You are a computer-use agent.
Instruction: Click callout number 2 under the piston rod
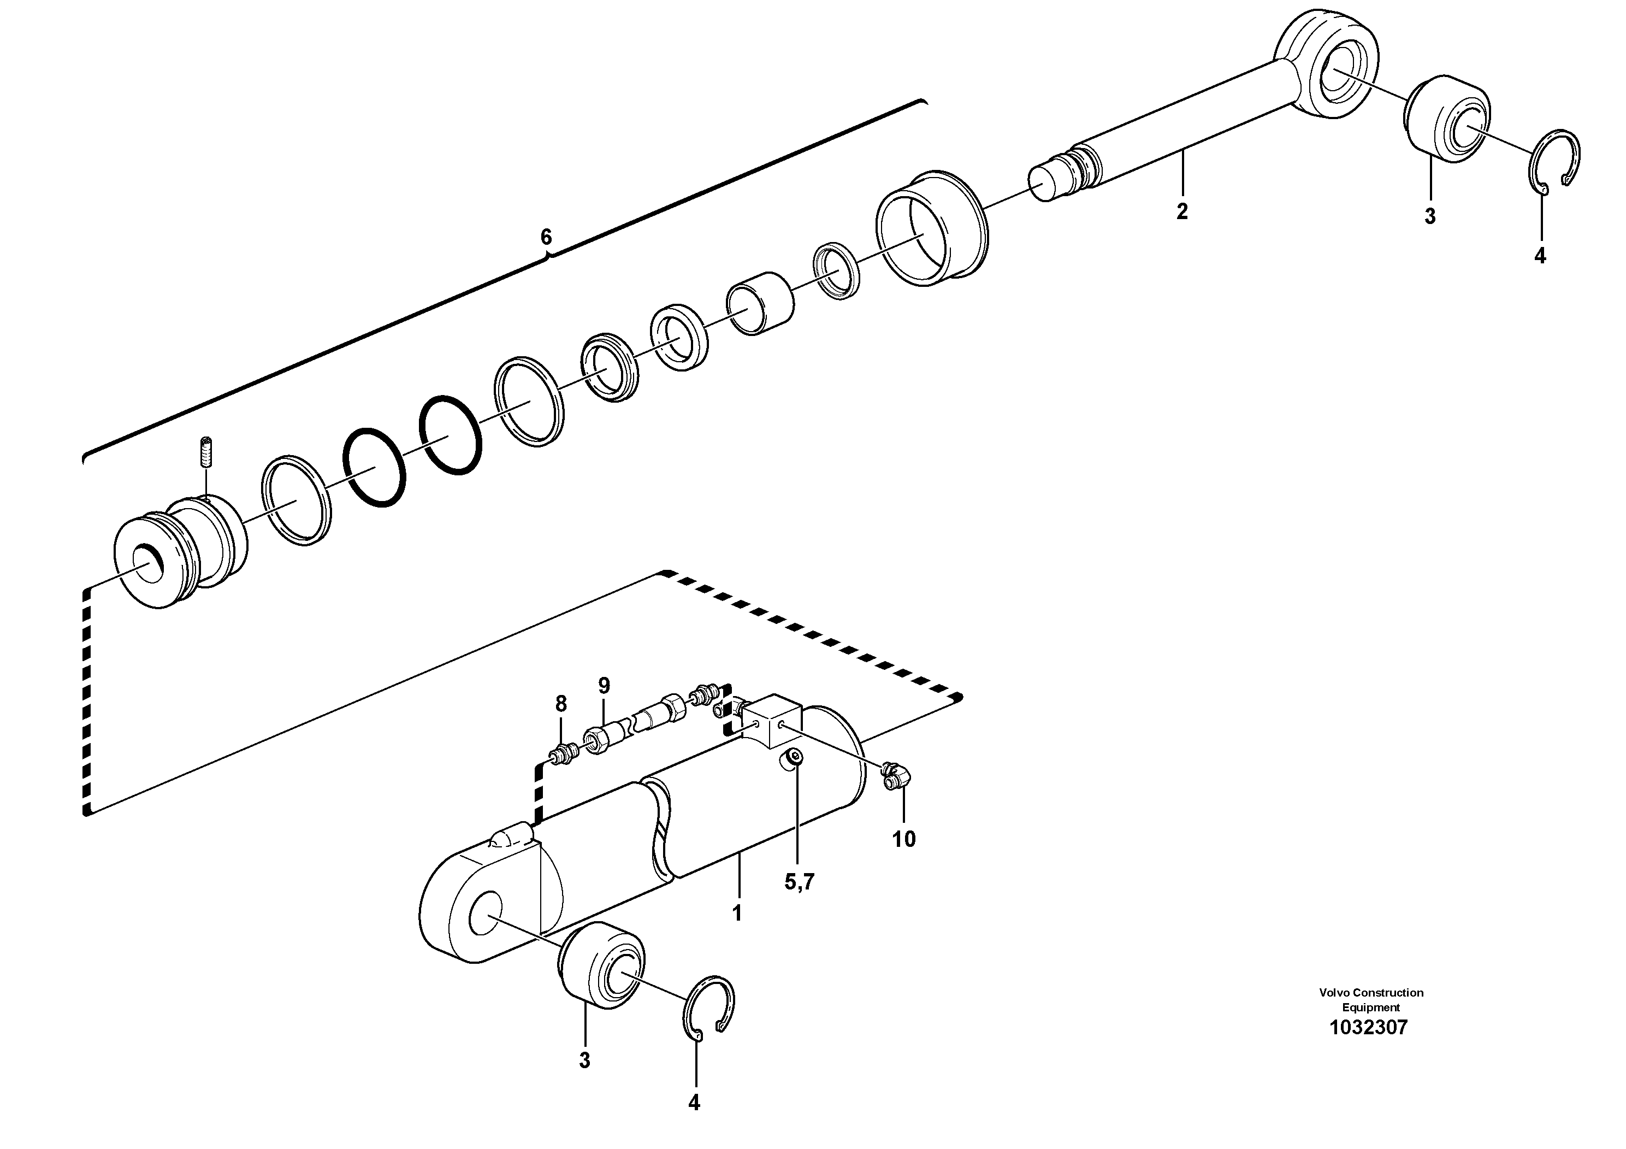pyautogui.click(x=1181, y=211)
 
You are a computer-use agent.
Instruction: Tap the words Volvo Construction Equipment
pyautogui.click(x=1371, y=999)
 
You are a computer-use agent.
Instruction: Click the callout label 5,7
pyautogui.click(x=800, y=882)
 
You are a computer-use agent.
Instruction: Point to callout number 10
pyautogui.click(x=903, y=839)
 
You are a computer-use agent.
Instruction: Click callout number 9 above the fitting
pyautogui.click(x=604, y=686)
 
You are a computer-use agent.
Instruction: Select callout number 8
pyautogui.click(x=561, y=704)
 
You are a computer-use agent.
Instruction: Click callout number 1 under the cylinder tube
pyautogui.click(x=736, y=913)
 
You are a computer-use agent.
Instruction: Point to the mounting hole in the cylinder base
pyautogui.click(x=486, y=917)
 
